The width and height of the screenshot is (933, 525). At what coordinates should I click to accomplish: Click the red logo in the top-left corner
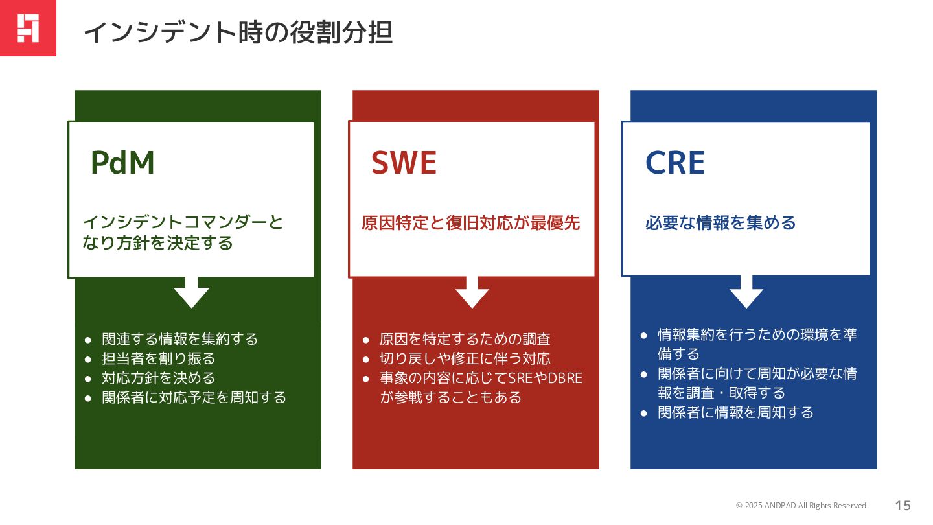click(x=28, y=28)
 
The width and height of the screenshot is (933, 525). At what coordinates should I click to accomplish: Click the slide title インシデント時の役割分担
click(x=238, y=32)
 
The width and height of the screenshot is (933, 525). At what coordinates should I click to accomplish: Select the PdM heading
click(x=123, y=163)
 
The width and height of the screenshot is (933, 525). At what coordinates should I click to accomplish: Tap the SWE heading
click(x=404, y=163)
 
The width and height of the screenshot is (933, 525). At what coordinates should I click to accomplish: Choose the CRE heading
click(x=674, y=163)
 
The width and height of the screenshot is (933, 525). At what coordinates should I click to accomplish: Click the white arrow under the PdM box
click(x=191, y=293)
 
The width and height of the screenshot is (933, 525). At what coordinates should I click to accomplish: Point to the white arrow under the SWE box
click(x=472, y=293)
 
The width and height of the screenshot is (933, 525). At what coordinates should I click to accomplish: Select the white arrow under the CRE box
click(x=746, y=293)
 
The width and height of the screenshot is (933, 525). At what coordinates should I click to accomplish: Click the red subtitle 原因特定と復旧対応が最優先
click(x=470, y=224)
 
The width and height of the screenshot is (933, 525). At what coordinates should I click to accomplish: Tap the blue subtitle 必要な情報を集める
click(x=720, y=224)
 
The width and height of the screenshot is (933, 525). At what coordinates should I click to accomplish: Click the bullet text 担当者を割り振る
click(x=159, y=358)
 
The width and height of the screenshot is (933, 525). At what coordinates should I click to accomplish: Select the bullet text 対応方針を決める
click(x=159, y=378)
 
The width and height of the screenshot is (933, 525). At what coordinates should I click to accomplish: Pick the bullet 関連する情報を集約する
click(x=180, y=339)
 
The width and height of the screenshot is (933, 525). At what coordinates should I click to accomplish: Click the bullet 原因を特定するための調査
click(x=465, y=339)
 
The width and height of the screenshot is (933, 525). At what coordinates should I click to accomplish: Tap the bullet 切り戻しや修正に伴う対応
click(x=465, y=358)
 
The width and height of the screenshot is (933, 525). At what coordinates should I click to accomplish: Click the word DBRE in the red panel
click(x=565, y=378)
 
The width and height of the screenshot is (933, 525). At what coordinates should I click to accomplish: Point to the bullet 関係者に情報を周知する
click(x=735, y=412)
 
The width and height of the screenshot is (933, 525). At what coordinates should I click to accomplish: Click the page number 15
click(x=903, y=506)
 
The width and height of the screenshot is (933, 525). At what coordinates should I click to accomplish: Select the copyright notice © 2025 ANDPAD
click(x=802, y=506)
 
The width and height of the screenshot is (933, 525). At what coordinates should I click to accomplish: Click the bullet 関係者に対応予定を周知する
click(x=194, y=397)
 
